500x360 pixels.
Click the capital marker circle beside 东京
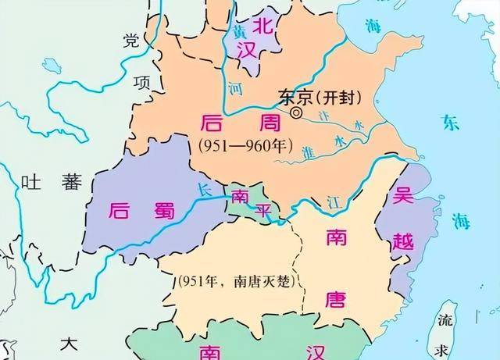click(297, 113)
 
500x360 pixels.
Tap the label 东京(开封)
click(316, 98)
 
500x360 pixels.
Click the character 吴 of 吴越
click(402, 196)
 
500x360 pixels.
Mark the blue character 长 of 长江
click(205, 190)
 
